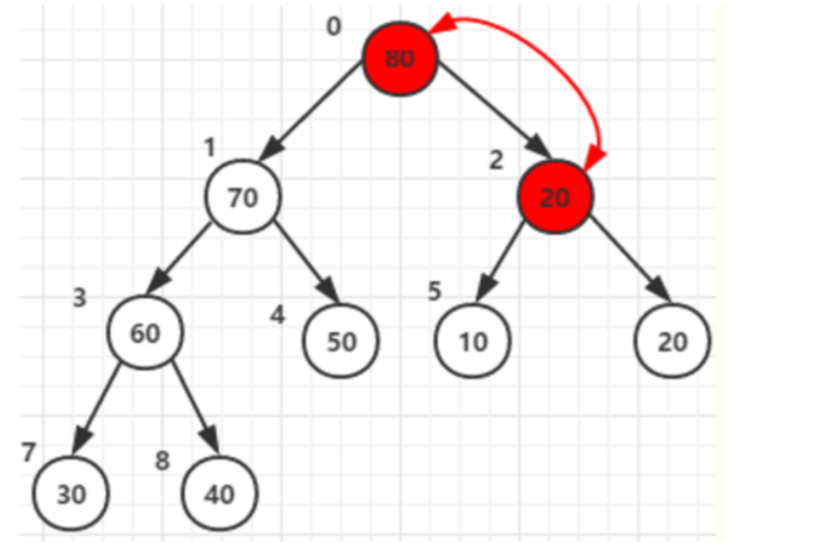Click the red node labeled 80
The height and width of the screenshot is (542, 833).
399,58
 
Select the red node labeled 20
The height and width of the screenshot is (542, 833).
555,197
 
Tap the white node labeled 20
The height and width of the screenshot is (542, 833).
673,341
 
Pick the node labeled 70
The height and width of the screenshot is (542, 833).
243,197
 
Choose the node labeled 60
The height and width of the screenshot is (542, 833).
145,333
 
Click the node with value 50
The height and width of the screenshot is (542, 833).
342,341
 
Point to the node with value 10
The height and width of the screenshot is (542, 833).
473,341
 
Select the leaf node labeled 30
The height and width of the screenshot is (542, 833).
71,493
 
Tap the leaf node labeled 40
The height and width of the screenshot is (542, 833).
219,493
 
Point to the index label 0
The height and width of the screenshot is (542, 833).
334,27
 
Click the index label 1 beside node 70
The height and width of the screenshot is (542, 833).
209,147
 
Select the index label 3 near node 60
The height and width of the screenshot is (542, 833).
80,299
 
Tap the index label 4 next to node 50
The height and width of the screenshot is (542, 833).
277,315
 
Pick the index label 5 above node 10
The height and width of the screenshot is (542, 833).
435,291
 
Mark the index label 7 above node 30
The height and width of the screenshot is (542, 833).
28,453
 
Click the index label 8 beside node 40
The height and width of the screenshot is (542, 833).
162,461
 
